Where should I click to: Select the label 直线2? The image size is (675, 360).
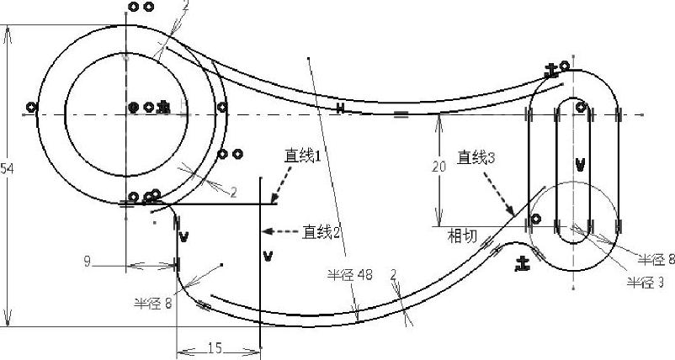(322, 230)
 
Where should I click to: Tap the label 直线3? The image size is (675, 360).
(477, 156)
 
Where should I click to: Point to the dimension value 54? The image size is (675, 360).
(7, 169)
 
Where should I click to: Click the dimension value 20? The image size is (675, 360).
(438, 167)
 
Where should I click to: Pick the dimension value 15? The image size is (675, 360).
(215, 347)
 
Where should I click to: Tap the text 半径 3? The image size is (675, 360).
(649, 281)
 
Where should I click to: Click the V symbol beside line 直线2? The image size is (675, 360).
(267, 255)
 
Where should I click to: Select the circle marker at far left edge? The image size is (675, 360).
(31, 107)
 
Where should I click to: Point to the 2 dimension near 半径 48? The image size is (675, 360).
(393, 275)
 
